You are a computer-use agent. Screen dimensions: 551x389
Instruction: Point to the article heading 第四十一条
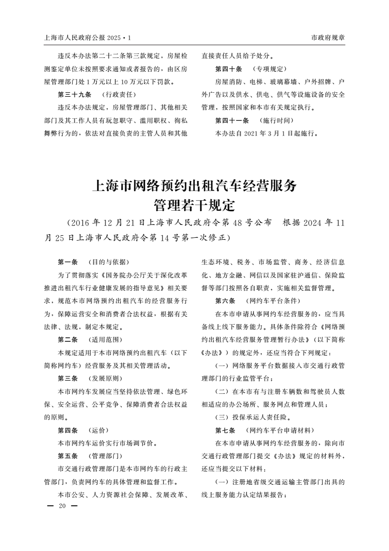coord(232,120)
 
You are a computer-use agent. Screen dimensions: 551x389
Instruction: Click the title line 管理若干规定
coord(194,204)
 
